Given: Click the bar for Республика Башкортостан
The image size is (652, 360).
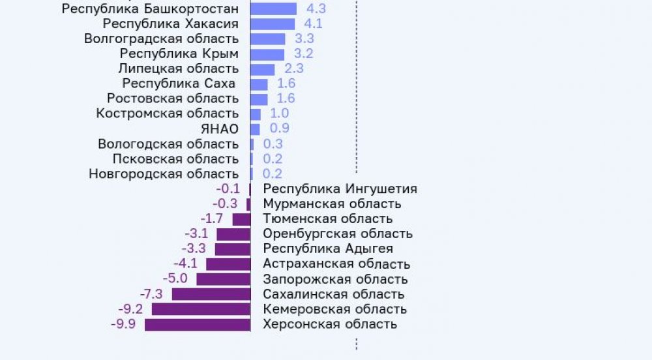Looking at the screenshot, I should (273, 9).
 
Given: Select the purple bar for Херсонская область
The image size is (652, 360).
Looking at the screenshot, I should (198, 324).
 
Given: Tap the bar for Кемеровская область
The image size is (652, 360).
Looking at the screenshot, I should (201, 309).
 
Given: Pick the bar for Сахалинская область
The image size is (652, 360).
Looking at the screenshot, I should (211, 294).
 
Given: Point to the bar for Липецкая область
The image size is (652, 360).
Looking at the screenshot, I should (263, 69).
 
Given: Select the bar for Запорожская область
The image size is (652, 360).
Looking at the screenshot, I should (224, 279).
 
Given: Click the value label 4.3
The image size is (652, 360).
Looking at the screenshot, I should (317, 9).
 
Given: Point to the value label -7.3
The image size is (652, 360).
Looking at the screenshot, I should (151, 293).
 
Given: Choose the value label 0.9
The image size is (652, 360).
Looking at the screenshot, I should (280, 128).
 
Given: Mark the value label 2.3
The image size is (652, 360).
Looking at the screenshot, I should (294, 68).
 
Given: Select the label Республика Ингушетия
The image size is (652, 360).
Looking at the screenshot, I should (340, 189).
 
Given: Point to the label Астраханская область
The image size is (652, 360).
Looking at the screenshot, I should (336, 264).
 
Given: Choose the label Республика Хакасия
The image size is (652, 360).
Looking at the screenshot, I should (170, 24).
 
